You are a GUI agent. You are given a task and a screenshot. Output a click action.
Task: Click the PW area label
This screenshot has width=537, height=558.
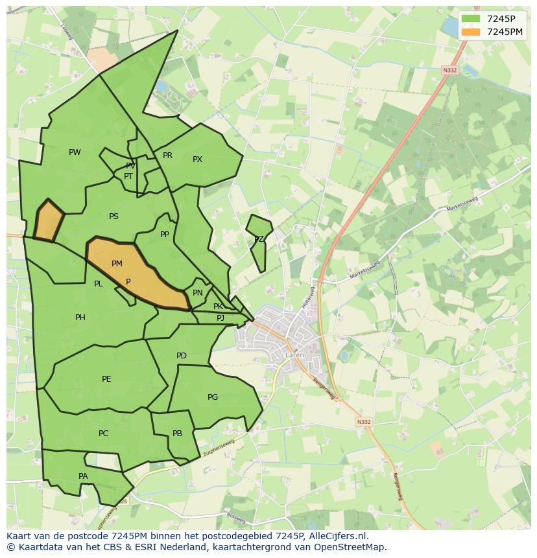75,152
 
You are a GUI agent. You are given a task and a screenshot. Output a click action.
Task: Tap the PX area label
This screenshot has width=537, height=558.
197,159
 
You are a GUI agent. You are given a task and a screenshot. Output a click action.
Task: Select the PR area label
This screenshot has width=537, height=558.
167,156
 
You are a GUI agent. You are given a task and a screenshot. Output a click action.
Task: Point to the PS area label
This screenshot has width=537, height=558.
113,216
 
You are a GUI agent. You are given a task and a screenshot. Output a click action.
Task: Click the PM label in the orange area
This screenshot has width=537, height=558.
117,264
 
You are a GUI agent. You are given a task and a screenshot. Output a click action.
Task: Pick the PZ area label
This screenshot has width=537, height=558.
259,239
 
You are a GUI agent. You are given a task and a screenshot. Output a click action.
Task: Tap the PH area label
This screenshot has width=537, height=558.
80,318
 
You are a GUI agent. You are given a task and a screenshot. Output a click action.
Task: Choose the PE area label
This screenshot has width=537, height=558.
106,379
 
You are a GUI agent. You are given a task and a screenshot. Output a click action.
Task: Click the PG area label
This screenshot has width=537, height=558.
213,397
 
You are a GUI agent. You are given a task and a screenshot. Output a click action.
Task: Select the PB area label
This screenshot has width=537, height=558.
177,434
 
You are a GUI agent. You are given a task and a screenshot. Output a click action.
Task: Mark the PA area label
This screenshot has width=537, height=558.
83,476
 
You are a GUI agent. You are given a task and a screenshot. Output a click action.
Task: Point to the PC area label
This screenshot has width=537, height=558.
103,434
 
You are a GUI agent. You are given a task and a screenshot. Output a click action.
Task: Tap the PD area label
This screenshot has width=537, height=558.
182,356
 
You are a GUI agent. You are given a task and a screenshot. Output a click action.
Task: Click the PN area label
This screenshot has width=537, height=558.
198,293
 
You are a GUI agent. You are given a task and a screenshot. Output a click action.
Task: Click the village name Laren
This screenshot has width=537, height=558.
294,355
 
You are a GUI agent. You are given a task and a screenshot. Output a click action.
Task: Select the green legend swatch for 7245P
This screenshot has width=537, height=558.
471,19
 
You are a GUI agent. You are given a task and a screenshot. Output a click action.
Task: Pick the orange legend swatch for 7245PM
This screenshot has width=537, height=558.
471,32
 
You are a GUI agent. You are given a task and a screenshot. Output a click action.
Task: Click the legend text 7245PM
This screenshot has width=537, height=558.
505,32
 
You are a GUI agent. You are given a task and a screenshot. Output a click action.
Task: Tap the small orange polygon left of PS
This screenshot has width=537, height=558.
47,221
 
